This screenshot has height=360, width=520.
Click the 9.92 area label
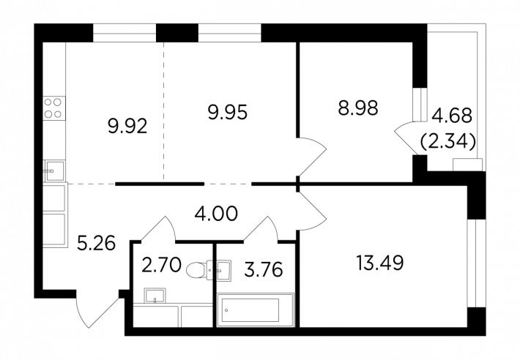tap(127, 126)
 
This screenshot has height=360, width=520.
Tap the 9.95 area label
tap(228, 112)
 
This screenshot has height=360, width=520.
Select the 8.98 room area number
tap(358, 108)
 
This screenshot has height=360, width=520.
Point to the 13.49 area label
tap(379, 263)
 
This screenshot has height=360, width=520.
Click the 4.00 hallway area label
tap(216, 213)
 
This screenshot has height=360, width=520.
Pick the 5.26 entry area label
tap(96, 244)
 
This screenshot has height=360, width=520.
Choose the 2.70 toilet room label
tap(161, 266)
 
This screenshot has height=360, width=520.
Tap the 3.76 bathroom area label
tap(264, 269)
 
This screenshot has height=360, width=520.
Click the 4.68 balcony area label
tap(452, 116)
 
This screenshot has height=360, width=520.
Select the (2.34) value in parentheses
tap(448, 142)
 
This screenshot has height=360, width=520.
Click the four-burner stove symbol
tap(53, 108)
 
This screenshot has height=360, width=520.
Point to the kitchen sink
tap(54, 170)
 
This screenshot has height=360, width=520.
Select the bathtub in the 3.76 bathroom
tap(256, 310)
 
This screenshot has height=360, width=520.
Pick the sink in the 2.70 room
tap(155, 296)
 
